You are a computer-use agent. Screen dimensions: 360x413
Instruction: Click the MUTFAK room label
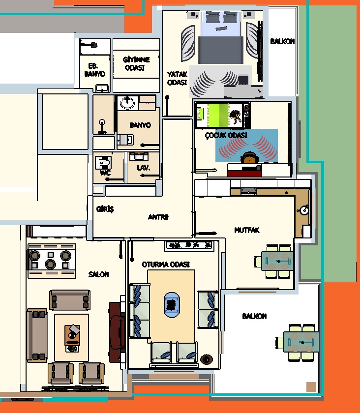[247, 230]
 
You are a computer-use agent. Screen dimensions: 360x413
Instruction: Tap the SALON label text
[98, 274]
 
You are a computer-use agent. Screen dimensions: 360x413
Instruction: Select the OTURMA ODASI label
[166, 265]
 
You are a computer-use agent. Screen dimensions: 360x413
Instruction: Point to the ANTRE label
[158, 217]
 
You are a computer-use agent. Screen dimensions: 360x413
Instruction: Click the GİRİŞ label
[105, 209]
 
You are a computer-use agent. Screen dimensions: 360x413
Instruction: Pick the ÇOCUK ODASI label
[226, 135]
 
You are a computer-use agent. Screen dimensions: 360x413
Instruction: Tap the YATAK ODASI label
[177, 78]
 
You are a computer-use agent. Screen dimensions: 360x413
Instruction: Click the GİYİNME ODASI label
[136, 63]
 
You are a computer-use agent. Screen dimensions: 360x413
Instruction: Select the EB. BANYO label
[94, 70]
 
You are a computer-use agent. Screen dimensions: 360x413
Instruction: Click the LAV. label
[144, 168]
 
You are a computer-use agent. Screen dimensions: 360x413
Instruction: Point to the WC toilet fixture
[103, 163]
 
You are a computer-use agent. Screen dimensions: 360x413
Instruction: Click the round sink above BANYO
[127, 103]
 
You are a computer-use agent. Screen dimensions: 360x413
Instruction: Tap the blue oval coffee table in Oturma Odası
[172, 305]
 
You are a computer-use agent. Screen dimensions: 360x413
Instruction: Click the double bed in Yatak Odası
[221, 37]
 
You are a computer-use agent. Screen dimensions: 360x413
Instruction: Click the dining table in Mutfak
[277, 261]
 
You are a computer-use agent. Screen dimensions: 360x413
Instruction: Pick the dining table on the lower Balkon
[300, 342]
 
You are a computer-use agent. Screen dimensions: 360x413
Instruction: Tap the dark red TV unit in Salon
[117, 332]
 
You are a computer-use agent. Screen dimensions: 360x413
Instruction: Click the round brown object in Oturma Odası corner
[207, 359]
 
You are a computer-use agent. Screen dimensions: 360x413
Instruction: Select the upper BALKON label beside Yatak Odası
[282, 41]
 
